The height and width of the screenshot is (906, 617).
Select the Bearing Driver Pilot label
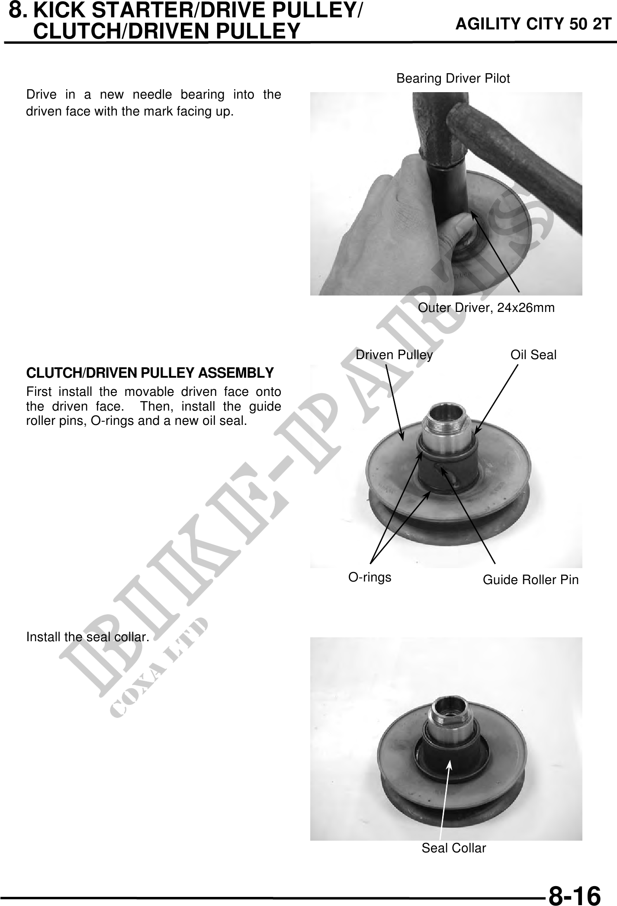coord(453,79)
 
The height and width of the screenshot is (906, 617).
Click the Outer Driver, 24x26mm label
coord(486,308)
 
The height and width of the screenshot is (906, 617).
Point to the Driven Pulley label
coord(394,355)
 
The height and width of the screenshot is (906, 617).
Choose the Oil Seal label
coord(533,355)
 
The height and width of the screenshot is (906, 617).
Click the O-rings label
coord(370,577)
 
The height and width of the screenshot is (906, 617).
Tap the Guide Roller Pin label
coord(530,580)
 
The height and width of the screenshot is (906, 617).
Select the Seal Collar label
coord(454,848)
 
